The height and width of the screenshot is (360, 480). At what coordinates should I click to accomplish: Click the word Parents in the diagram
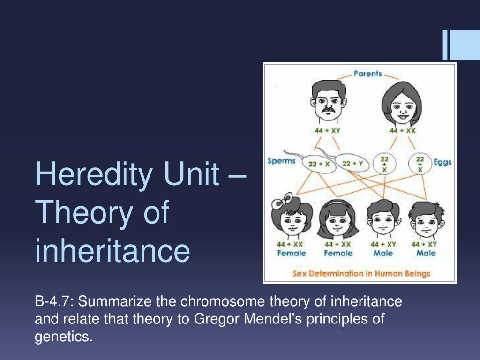tap(367, 74)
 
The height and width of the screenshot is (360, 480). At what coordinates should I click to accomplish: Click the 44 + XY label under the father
tap(327, 131)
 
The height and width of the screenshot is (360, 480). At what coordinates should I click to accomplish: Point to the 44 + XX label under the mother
tap(403, 131)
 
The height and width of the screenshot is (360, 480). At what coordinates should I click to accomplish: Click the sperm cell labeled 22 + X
tap(319, 164)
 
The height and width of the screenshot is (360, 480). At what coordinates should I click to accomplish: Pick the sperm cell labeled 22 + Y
tap(352, 163)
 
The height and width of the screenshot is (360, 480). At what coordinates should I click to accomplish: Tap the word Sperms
tap(281, 161)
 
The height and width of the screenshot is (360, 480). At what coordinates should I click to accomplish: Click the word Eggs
tap(442, 162)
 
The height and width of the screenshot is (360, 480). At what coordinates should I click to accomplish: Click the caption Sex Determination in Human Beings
tap(361, 273)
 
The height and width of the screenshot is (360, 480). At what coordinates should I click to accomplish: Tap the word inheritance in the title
tap(112, 251)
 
